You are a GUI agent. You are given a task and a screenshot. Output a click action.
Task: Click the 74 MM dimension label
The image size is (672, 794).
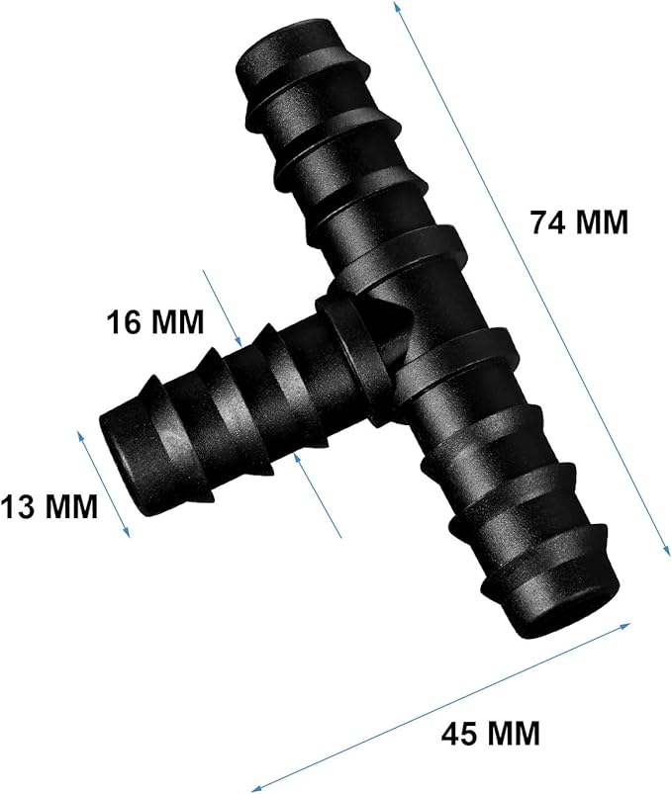(x=579, y=222)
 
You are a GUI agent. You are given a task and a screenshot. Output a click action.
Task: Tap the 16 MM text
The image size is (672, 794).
(x=154, y=321)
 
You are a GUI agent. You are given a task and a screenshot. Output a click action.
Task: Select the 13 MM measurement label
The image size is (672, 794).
(x=48, y=507)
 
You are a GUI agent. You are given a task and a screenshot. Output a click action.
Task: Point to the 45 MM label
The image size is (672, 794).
(x=491, y=733)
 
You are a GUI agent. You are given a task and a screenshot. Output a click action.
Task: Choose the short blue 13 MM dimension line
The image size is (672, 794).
(x=104, y=484)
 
